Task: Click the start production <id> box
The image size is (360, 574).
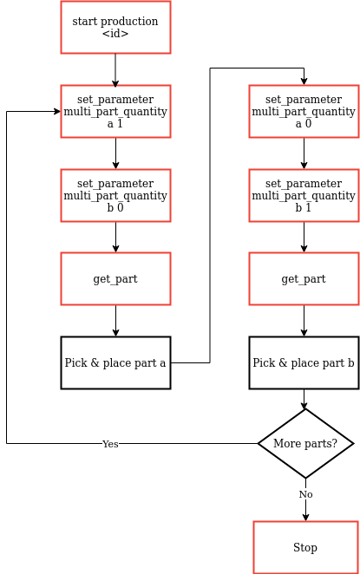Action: point(115,27)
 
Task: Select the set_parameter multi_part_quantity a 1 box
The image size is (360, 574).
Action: point(115,111)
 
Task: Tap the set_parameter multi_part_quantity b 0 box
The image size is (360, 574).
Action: point(115,195)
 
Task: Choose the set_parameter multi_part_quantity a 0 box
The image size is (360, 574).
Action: point(304,111)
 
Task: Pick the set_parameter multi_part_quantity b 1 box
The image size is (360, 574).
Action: point(304,195)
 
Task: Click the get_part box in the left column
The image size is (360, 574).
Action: point(115,278)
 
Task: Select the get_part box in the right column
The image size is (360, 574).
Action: point(304,278)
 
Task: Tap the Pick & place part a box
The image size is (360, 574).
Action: point(115,362)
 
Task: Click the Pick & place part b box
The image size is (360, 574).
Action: point(304,362)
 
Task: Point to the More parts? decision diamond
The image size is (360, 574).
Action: point(305,443)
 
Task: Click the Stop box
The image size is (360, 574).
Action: point(305,547)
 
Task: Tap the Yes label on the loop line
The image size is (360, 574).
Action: point(110,444)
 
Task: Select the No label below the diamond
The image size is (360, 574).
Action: point(305,494)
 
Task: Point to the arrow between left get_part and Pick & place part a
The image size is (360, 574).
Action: point(115,321)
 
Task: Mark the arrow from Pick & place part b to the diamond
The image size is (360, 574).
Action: point(304,399)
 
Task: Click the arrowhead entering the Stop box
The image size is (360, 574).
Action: point(305,517)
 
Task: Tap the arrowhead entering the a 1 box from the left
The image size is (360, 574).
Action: point(56,112)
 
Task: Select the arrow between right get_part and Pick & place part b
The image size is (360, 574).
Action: point(304,321)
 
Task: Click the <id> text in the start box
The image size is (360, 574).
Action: point(115,34)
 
